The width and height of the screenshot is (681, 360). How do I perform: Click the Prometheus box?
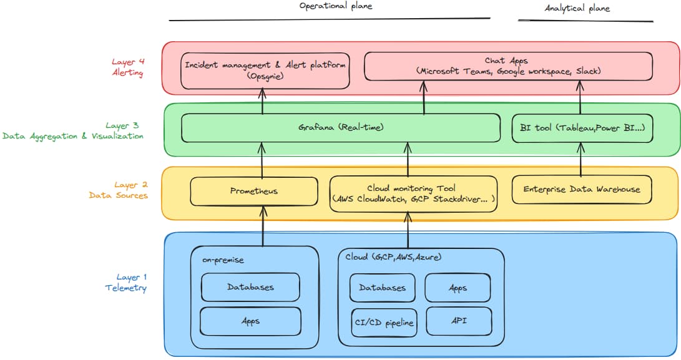click(x=253, y=191)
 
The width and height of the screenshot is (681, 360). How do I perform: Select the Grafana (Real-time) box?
click(x=340, y=127)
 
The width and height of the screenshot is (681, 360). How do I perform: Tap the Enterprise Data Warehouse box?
click(x=582, y=189)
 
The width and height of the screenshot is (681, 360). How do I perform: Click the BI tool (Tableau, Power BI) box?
click(x=582, y=127)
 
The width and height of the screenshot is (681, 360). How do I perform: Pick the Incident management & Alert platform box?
click(x=265, y=70)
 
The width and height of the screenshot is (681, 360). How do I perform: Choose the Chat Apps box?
click(x=508, y=66)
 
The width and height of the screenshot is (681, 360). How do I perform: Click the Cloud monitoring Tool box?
click(x=413, y=193)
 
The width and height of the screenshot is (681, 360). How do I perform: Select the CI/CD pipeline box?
click(x=383, y=322)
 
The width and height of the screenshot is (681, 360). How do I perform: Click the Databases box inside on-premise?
click(x=250, y=288)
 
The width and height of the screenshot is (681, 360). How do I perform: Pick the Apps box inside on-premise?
click(x=250, y=321)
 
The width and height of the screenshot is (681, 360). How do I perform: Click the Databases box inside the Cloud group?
click(x=382, y=288)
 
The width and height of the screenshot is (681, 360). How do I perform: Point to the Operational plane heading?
click(x=336, y=6)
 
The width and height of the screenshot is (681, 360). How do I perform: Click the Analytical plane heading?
click(x=577, y=8)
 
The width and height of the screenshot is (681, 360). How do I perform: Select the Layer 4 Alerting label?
click(x=128, y=67)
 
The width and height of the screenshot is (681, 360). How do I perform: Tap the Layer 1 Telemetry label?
click(x=125, y=282)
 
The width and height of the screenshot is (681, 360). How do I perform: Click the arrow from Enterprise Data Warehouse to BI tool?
click(x=581, y=159)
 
